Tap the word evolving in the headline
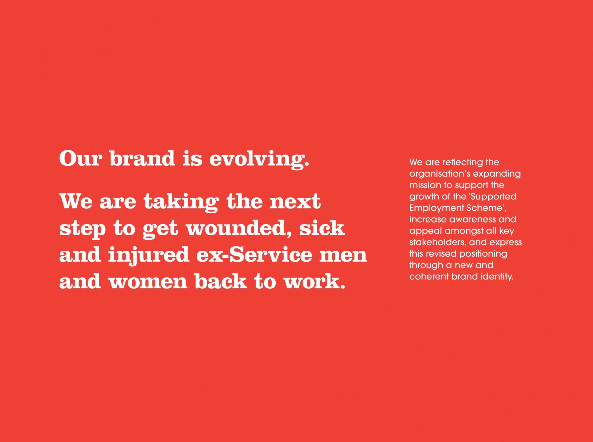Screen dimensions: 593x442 click(x=259, y=160)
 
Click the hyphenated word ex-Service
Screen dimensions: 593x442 click(x=254, y=255)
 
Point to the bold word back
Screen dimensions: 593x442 click(x=221, y=281)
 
